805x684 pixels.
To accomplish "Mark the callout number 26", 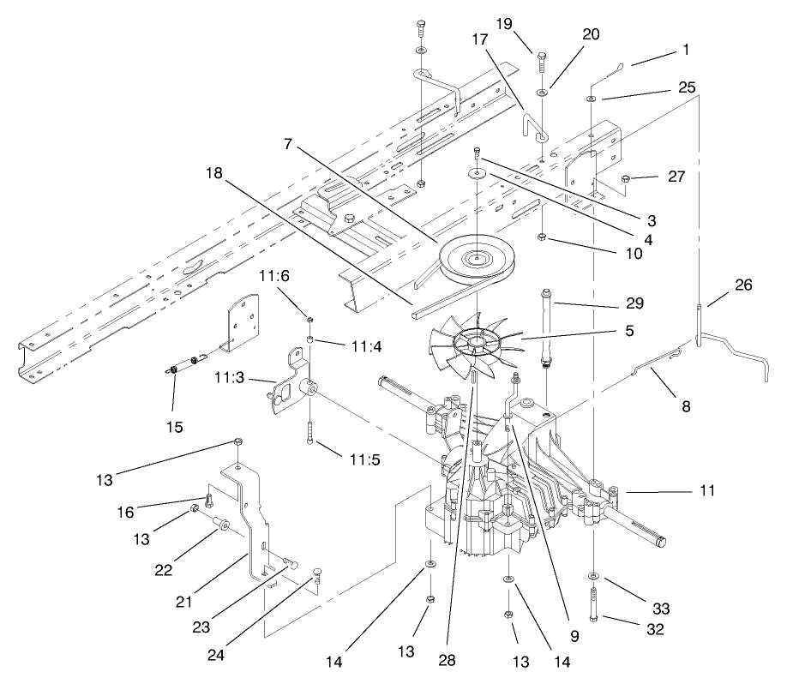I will [x=743, y=285].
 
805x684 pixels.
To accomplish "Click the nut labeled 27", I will [x=627, y=178].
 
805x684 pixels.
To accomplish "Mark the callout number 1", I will [x=685, y=50].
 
